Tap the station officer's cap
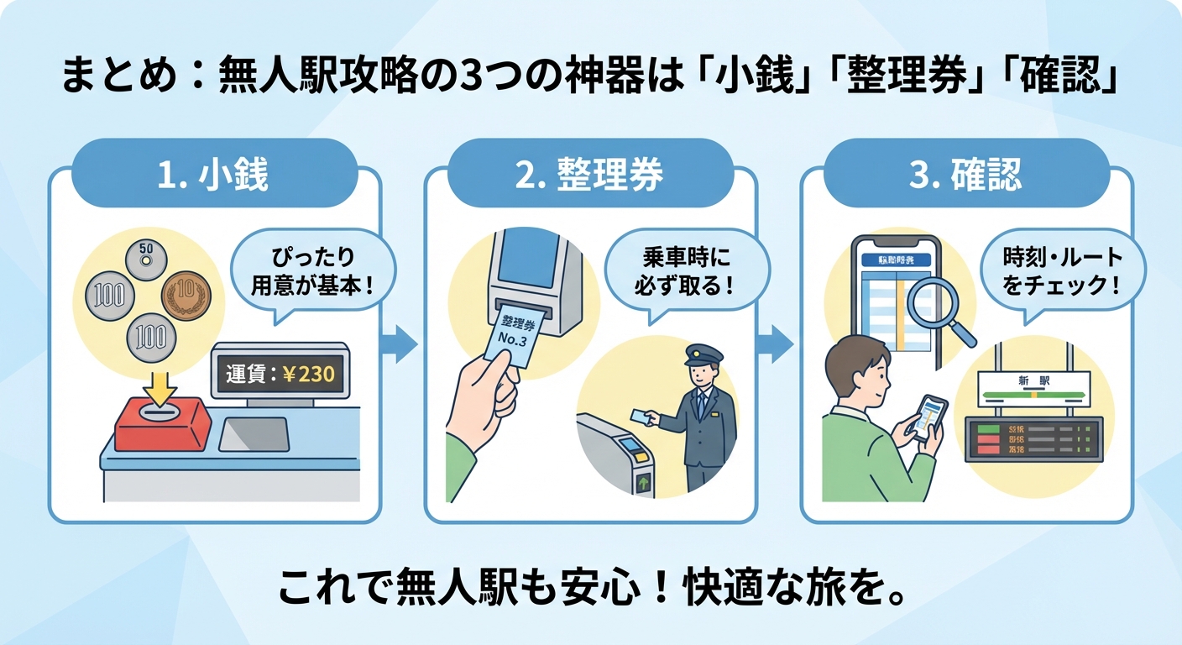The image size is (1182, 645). tap(698, 353)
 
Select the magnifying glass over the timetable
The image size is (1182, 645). tap(944, 313)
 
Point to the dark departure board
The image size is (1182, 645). tap(1033, 438)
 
